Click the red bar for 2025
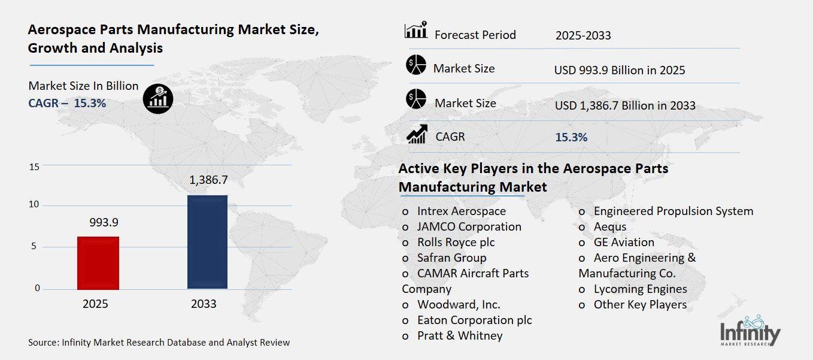click(98, 262)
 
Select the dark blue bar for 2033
click(207, 241)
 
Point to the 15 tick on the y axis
click(34, 167)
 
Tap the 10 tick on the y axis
click(34, 205)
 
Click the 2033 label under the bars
click(204, 304)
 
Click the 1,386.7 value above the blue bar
click(208, 179)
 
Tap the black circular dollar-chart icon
click(158, 98)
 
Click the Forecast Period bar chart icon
click(416, 31)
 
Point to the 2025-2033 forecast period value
click(583, 35)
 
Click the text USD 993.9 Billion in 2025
click(620, 70)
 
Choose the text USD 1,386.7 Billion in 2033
click(625, 105)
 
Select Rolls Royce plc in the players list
click(456, 242)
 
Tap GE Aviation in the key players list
click(623, 242)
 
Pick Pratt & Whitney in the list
click(459, 335)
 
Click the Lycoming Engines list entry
click(639, 289)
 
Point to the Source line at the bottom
click(159, 343)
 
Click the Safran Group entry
click(451, 258)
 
